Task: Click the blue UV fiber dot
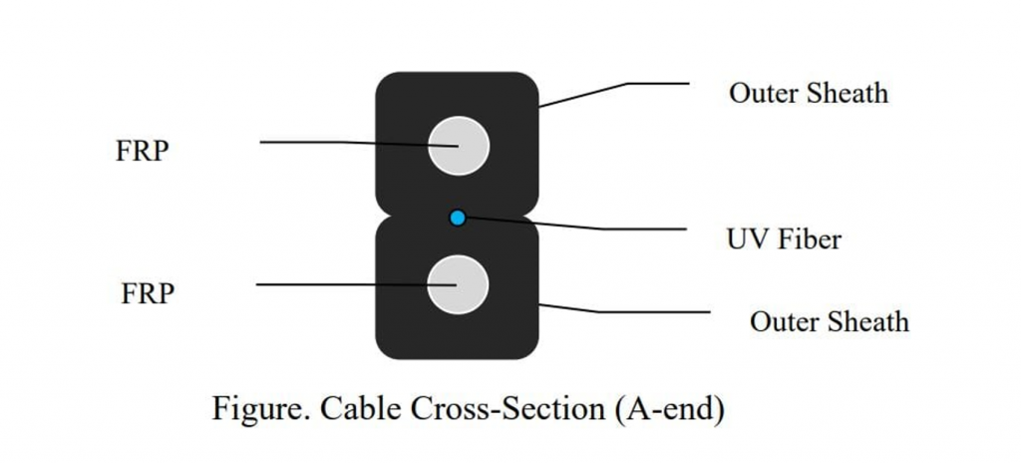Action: tap(457, 218)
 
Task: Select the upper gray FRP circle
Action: tap(459, 146)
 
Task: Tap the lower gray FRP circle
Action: tap(458, 284)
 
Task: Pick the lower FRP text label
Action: tap(148, 294)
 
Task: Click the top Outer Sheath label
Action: tap(808, 94)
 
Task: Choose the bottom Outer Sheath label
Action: tap(829, 322)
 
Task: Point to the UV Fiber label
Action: tap(784, 239)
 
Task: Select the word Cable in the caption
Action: tap(349, 409)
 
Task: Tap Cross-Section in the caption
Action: tap(499, 409)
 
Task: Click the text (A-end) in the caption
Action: tap(669, 410)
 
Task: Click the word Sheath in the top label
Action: tap(850, 94)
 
